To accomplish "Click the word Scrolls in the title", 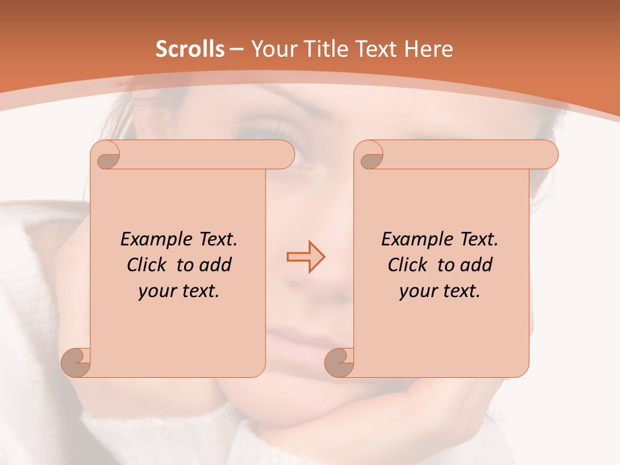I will tap(190, 49).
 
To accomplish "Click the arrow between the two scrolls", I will tap(306, 257).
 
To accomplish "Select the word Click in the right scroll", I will tap(408, 265).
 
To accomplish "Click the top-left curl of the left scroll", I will tap(107, 155).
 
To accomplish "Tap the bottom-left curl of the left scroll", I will tap(76, 362).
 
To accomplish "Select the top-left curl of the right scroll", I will tap(370, 156).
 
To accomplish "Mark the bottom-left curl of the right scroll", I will tap(339, 362).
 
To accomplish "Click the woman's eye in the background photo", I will tap(265, 129).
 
